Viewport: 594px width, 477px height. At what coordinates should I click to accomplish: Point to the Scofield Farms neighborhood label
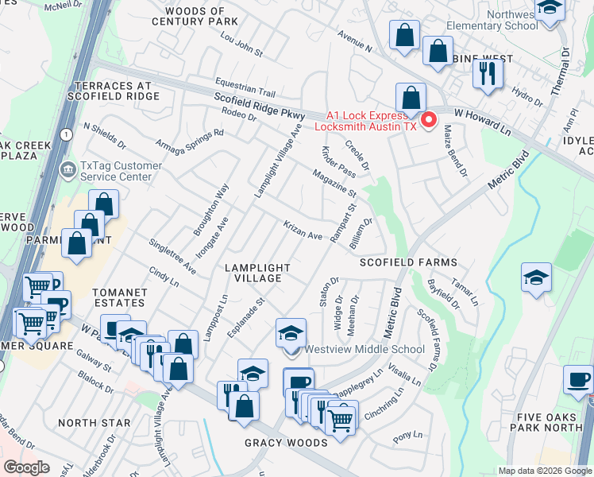coord(408,262)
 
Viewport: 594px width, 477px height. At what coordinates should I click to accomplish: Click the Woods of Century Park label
coord(195,17)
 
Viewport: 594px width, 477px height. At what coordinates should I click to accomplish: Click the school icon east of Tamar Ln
coord(536,279)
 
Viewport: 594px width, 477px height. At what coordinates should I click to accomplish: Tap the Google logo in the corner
coord(27,467)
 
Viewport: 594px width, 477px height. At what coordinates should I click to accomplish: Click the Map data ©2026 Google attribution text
coord(544,471)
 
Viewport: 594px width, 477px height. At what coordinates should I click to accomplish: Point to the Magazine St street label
coord(334,184)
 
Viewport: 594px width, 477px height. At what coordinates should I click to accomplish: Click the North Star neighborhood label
coord(94,423)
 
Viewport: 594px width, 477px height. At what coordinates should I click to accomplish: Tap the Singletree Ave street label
coord(173,255)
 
